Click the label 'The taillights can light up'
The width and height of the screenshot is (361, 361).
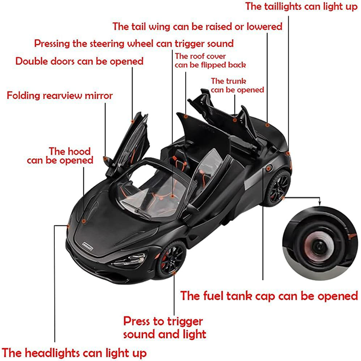point(301,7)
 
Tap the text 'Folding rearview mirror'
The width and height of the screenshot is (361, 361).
point(60,95)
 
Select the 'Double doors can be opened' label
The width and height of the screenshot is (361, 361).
point(79,61)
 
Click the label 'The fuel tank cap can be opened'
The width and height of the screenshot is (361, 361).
point(269,295)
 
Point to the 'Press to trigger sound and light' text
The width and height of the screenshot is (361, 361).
point(165,328)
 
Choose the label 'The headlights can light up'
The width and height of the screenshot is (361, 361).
point(74,353)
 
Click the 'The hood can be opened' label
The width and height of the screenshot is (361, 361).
point(60,156)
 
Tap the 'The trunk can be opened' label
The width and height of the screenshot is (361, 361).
point(238,85)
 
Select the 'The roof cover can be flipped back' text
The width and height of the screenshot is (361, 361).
point(210,61)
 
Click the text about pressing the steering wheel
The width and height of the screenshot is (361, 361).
point(134,43)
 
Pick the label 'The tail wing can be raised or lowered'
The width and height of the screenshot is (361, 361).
point(197,26)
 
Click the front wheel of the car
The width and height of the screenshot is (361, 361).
point(171,258)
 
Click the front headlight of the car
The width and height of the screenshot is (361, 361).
point(129,260)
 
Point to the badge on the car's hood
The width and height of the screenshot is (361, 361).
point(88,246)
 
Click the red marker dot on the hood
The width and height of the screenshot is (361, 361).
point(84,221)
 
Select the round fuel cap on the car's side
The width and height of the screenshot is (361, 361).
point(268,168)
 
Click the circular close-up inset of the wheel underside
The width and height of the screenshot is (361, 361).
point(320,243)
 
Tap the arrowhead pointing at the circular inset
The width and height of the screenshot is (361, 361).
point(319,203)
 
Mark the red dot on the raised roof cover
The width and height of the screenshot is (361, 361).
point(185,117)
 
